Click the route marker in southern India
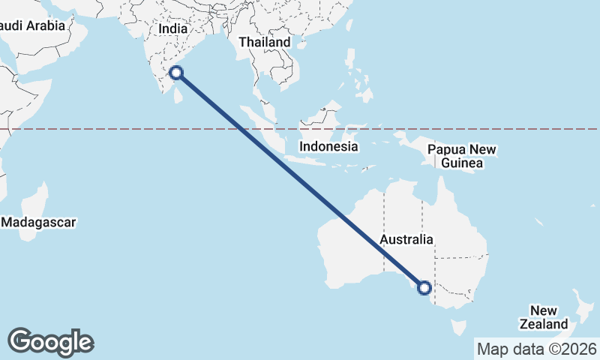(x=176, y=73)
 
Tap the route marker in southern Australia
(x=424, y=287)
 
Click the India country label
(x=172, y=28)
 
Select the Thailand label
(x=264, y=43)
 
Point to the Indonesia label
(x=328, y=146)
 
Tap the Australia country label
(x=406, y=239)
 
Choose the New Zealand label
(x=544, y=317)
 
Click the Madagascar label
(x=38, y=222)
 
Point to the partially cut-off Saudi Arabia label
(x=34, y=25)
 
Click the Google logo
(x=50, y=342)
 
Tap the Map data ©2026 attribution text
(x=537, y=349)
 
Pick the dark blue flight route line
(x=300, y=180)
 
